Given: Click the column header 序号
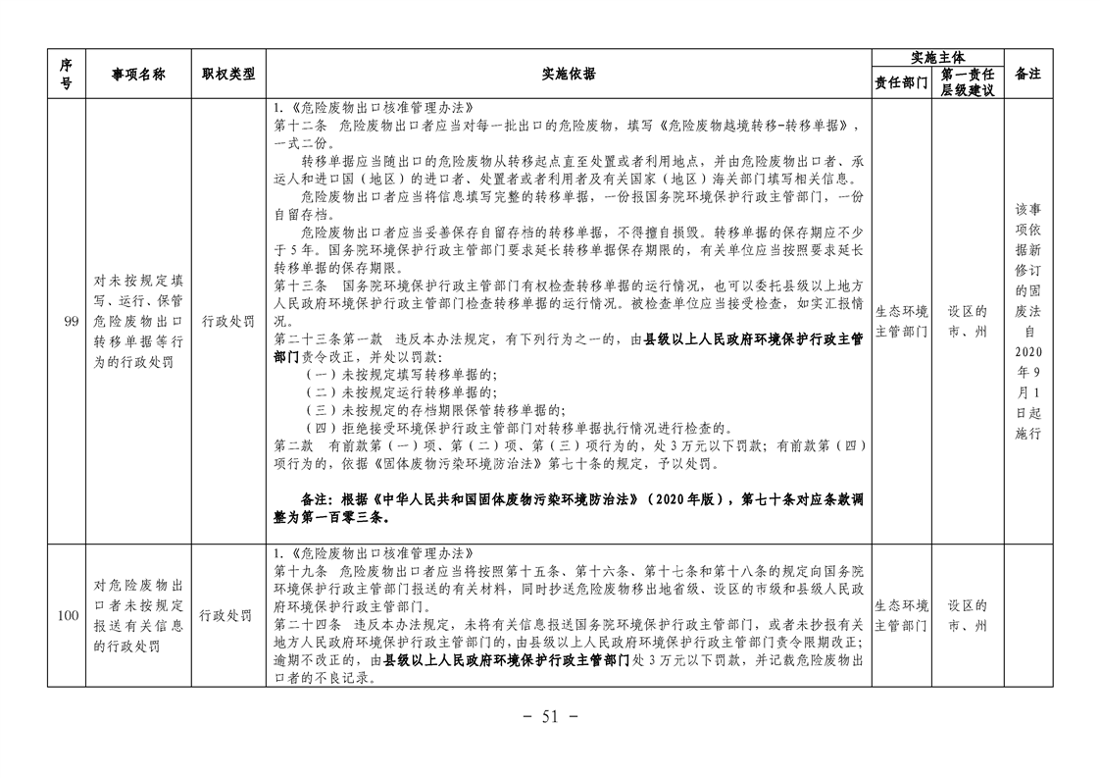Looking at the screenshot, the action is [x=66, y=74].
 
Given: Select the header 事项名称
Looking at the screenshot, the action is [x=138, y=75].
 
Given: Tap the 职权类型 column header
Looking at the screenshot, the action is [x=228, y=74].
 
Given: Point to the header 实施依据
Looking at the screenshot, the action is [x=569, y=74].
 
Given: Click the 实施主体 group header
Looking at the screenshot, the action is [x=937, y=58].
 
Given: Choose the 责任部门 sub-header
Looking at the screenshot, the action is [x=901, y=82].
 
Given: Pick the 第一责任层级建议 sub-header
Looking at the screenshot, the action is [x=968, y=82].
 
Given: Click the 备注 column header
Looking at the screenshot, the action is [x=1027, y=74].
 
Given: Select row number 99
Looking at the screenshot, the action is [x=71, y=322].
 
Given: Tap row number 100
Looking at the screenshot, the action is [x=68, y=616].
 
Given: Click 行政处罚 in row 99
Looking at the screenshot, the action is [x=228, y=322].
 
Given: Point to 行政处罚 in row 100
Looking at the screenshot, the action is [x=225, y=616].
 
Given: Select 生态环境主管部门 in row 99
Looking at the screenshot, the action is [x=901, y=322].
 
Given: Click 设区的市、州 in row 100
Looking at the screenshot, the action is [x=968, y=616].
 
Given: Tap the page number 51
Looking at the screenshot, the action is [x=550, y=717].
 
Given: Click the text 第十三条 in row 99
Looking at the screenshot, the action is [x=300, y=286].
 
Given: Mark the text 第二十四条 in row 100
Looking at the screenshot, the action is [x=307, y=624].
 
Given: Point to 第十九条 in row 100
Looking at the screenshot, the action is [x=300, y=571].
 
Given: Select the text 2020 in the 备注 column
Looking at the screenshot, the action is [x=1027, y=352].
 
